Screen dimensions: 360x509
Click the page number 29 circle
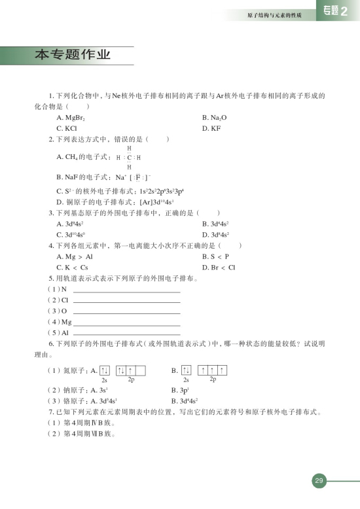[319, 482]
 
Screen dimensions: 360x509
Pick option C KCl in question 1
[67, 129]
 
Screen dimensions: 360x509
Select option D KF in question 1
[209, 129]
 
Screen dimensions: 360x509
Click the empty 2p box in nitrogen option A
[141, 371]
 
